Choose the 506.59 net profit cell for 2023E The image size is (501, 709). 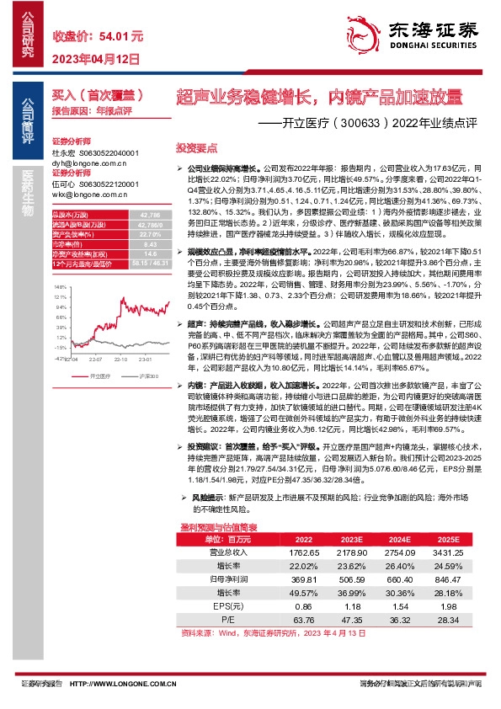[351, 580]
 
